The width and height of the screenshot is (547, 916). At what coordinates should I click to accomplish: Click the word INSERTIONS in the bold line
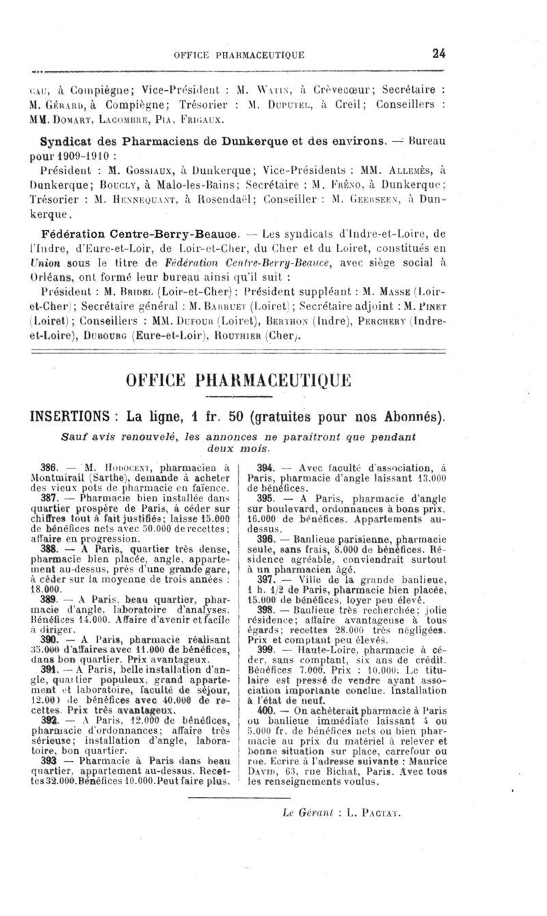coord(72,415)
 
